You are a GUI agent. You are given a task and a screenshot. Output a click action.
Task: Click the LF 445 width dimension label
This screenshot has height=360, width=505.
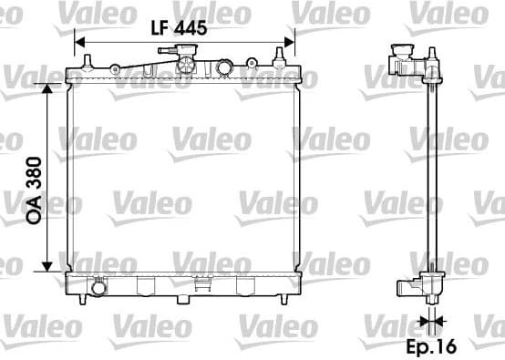(179, 27)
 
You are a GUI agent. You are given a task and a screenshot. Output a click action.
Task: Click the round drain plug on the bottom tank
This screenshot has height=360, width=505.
(97, 288)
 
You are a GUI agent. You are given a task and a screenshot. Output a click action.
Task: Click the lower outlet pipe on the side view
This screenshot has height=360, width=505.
(408, 289)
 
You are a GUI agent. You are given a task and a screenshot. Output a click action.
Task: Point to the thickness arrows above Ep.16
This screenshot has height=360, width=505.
(433, 320)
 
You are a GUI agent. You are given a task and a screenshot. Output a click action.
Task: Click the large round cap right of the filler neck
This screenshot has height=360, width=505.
(223, 67)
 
